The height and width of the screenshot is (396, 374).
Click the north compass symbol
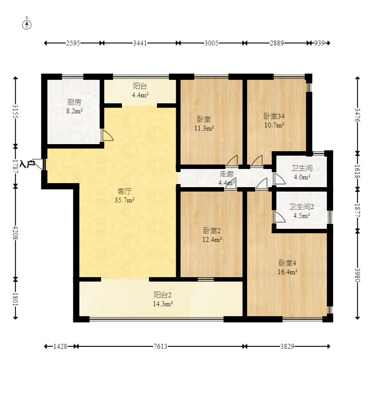pyautogui.click(x=27, y=25)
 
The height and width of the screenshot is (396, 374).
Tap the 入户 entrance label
pyautogui.click(x=28, y=164)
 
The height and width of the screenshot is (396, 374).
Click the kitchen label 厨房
pyautogui.click(x=74, y=102)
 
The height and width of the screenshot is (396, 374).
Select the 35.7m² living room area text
pyautogui.click(x=125, y=200)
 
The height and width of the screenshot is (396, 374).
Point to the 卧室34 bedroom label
pyautogui.click(x=274, y=116)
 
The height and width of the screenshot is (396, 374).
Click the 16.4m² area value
pyautogui.click(x=287, y=272)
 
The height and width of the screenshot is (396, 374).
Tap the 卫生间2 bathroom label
pyautogui.click(x=302, y=207)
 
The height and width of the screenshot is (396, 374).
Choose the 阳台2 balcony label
pyautogui.click(x=163, y=295)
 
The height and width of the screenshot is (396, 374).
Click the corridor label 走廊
pyautogui.click(x=226, y=174)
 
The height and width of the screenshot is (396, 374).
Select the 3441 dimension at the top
pyautogui.click(x=140, y=43)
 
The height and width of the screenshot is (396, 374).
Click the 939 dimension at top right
pyautogui.click(x=319, y=43)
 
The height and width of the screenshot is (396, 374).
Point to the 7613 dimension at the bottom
pyautogui.click(x=161, y=346)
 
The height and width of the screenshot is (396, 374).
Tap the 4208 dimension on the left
pyautogui.click(x=15, y=233)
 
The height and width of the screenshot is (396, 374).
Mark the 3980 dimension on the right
pyautogui.click(x=357, y=275)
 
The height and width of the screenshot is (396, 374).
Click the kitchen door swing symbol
pyautogui.click(x=108, y=135)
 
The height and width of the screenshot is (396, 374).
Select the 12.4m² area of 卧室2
pyautogui.click(x=212, y=239)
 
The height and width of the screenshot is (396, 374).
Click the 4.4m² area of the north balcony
pyautogui.click(x=140, y=95)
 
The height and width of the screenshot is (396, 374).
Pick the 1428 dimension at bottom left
pyautogui.click(x=60, y=346)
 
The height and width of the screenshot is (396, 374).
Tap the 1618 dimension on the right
pyautogui.click(x=357, y=172)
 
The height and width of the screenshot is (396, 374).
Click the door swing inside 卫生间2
pyautogui.click(x=280, y=217)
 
